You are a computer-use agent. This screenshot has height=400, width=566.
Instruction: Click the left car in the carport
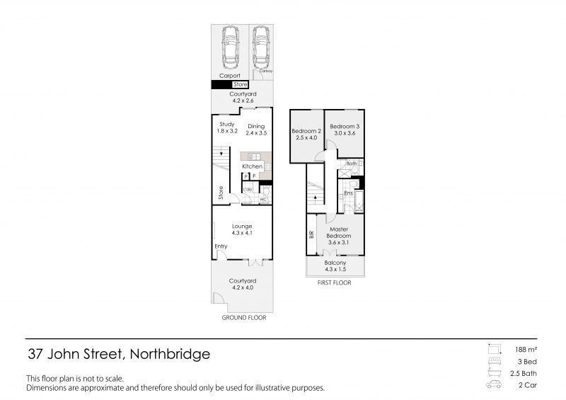click(229, 46)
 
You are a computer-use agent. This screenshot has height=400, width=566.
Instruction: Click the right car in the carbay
click(261, 45)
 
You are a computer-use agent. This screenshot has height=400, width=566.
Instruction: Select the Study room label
click(226, 125)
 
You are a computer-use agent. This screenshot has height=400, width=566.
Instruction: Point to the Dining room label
click(255, 126)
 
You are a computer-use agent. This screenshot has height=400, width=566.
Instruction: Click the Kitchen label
click(252, 166)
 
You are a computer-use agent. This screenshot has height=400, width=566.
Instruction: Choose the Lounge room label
click(242, 227)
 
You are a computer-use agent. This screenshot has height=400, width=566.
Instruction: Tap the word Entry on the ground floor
click(221, 246)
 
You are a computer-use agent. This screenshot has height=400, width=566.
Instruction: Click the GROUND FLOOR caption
click(243, 319)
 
